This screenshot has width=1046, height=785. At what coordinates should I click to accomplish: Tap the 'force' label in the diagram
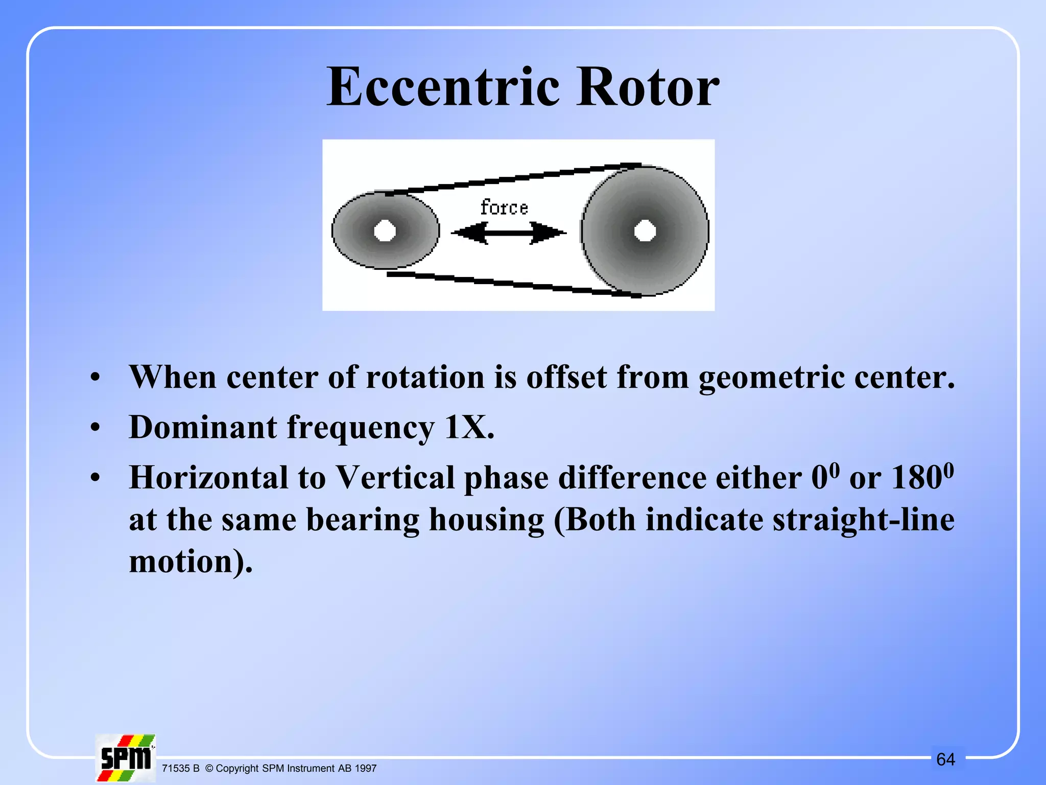pyautogui.click(x=504, y=207)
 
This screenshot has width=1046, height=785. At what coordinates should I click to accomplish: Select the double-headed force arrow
pyautogui.click(x=509, y=233)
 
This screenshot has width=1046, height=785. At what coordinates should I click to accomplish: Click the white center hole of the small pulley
pyautogui.click(x=385, y=231)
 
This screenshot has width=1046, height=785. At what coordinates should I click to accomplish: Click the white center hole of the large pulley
pyautogui.click(x=645, y=231)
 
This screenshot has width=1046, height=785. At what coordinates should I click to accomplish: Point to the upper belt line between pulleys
pyautogui.click(x=511, y=179)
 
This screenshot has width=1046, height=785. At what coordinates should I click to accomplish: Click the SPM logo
pyautogui.click(x=125, y=758)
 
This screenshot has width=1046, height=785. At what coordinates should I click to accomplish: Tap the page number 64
pyautogui.click(x=945, y=759)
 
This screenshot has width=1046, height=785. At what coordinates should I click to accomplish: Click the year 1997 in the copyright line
pyautogui.click(x=365, y=769)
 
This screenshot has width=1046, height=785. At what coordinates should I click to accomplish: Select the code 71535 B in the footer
pyautogui.click(x=180, y=769)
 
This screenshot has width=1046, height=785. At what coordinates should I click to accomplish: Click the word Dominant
pyautogui.click(x=203, y=427)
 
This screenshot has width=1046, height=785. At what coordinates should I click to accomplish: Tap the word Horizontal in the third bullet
pyautogui.click(x=208, y=478)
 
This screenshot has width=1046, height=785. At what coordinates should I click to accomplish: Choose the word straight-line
pyautogui.click(x=863, y=520)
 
